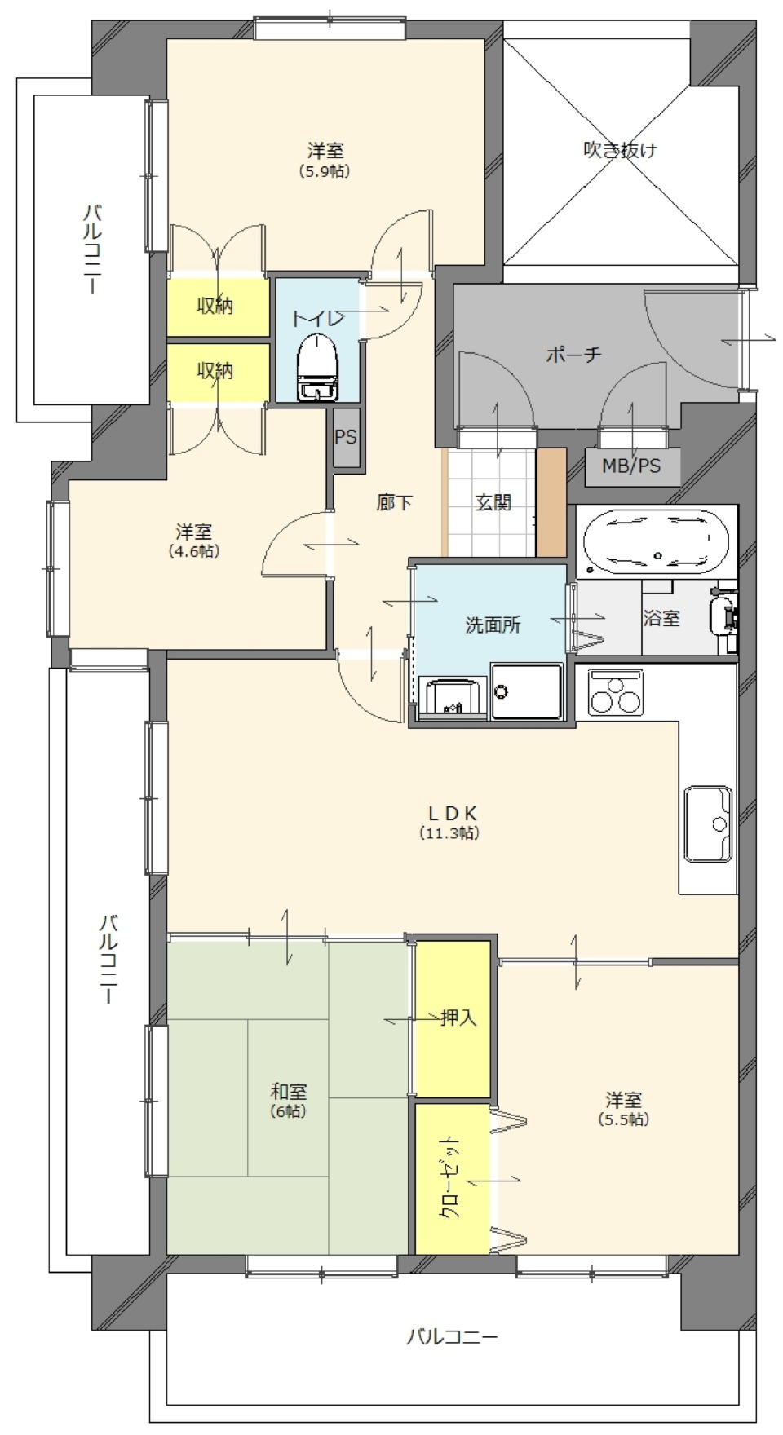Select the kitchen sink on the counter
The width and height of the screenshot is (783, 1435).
pyautogui.click(x=707, y=823)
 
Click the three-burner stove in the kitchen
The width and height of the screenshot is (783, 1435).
pyautogui.click(x=615, y=693)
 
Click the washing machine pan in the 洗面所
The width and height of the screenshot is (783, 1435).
pyautogui.click(x=527, y=691)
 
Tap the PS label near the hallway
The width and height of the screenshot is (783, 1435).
pyautogui.click(x=346, y=438)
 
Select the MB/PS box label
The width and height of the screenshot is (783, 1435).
pyautogui.click(x=630, y=467)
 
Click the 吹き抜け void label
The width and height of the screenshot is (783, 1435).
pyautogui.click(x=621, y=150)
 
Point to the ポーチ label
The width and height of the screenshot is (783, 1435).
pyautogui.click(x=574, y=354)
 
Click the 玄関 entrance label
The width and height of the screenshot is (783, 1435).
pyautogui.click(x=493, y=503)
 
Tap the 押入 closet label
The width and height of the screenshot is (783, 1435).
pyautogui.click(x=458, y=1018)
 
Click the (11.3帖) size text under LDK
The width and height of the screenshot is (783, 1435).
pyautogui.click(x=449, y=833)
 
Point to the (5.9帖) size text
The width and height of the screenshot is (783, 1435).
pyautogui.click(x=325, y=172)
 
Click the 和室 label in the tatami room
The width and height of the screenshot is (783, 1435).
pyautogui.click(x=289, y=1091)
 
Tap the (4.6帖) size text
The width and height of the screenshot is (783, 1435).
pyautogui.click(x=194, y=551)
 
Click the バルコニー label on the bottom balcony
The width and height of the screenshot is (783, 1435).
pyautogui.click(x=452, y=1337)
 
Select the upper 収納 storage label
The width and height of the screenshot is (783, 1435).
pyautogui.click(x=215, y=306)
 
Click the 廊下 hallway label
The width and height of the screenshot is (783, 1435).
pyautogui.click(x=394, y=503)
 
